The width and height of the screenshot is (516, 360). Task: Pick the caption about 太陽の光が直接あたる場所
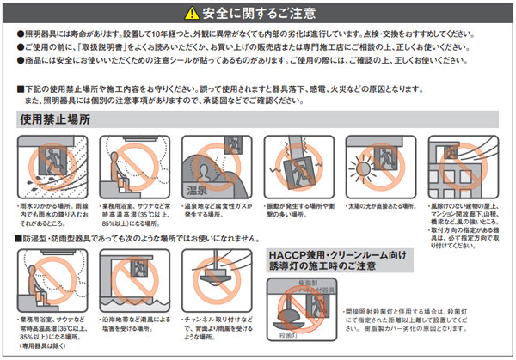coord(378,206)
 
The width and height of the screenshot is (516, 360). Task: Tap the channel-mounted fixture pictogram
coord(212,279)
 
